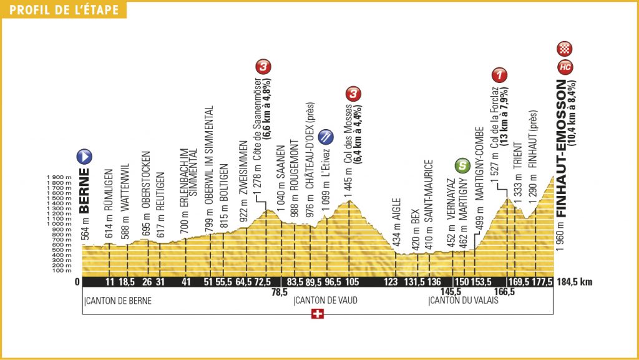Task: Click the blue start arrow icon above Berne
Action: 84,157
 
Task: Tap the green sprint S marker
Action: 462,165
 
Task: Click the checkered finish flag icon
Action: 566,48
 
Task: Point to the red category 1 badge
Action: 499,75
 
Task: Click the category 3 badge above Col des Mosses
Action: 354,94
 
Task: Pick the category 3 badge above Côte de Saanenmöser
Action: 265,66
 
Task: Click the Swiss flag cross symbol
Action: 318,315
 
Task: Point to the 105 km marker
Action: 353,281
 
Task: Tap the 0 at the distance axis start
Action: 77,281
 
